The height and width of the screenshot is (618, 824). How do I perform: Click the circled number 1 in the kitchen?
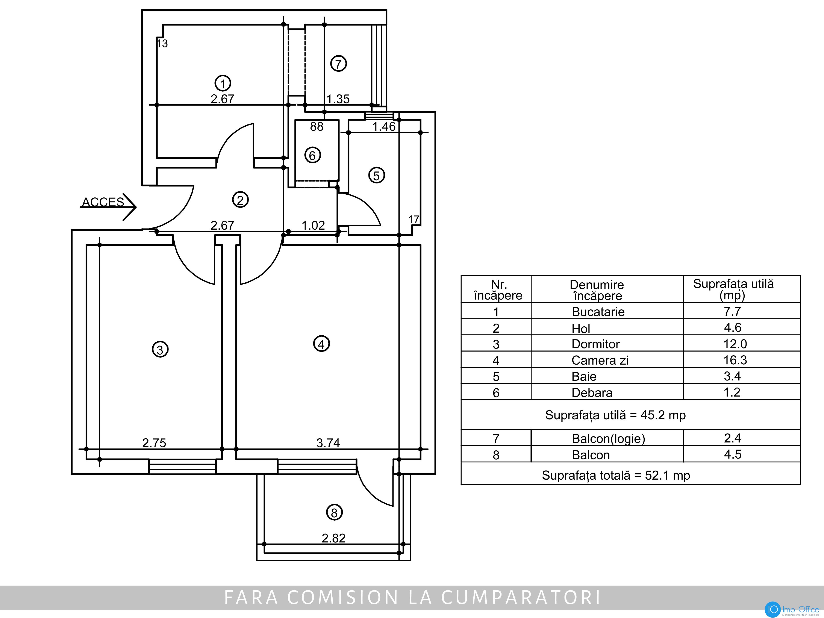click(x=223, y=83)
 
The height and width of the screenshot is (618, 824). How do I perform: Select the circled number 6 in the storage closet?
click(x=312, y=155)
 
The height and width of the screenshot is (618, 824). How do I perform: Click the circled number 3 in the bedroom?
click(x=160, y=349)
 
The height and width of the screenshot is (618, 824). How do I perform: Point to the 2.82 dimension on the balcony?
click(x=334, y=538)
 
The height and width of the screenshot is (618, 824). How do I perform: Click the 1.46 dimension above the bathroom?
click(x=384, y=127)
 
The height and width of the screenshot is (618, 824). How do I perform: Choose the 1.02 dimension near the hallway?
click(x=313, y=225)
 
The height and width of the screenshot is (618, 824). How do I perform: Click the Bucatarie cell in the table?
click(x=598, y=311)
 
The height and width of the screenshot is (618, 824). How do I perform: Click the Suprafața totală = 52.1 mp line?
click(x=616, y=475)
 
